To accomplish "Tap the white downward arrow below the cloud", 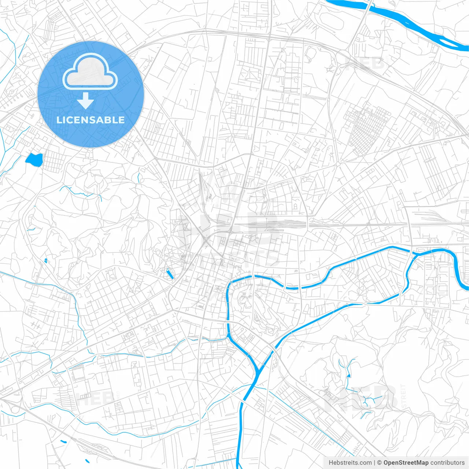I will coord(85,101).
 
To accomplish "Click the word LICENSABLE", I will coord(91,120).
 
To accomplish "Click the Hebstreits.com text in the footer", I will coord(350,463).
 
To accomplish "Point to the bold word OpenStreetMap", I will coord(406,463).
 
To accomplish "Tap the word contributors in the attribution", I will coord(447,463).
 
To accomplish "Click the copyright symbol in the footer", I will coord(380,463).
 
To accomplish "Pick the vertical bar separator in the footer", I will coord(374,463).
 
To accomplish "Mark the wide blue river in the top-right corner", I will coord(410,22).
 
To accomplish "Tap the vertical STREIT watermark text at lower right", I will coord(403,396).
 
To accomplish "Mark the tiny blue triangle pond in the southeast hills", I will coord(348,374).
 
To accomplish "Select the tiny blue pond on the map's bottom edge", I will coord(87,461).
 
